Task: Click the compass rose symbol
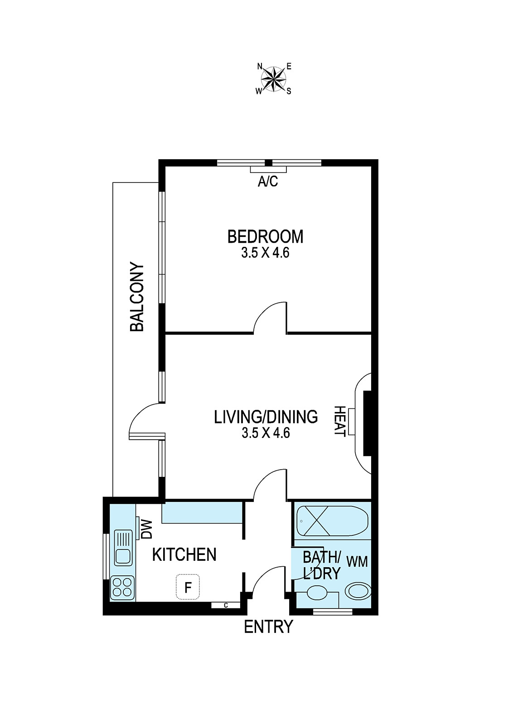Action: (274, 79)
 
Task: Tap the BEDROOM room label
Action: (265, 237)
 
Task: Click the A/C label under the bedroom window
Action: (267, 182)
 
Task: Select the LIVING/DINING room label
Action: (266, 417)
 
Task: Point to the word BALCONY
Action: (137, 297)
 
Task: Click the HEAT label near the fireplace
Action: (339, 421)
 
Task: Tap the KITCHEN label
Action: (184, 554)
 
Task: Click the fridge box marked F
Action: (187, 588)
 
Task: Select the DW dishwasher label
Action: (147, 529)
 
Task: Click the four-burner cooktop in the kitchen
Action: (123, 588)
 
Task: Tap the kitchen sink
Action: (123, 547)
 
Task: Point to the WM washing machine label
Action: (357, 562)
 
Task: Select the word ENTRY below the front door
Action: (268, 627)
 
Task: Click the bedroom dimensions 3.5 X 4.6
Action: (265, 253)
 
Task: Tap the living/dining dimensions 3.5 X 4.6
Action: (266, 433)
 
